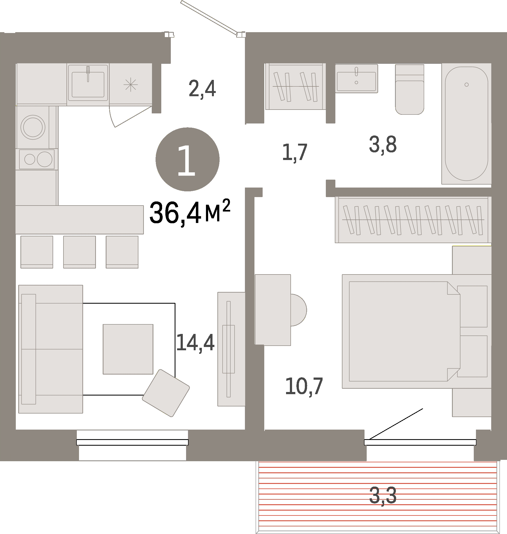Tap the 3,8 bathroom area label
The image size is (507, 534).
pyautogui.click(x=382, y=145)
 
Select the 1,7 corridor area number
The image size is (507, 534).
pyautogui.click(x=295, y=152)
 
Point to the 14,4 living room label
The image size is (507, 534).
pyautogui.click(x=195, y=343)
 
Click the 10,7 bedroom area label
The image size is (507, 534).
pyautogui.click(x=304, y=386)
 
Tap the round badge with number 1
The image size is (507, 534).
pyautogui.click(x=187, y=159)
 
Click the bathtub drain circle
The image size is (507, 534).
pyautogui.click(x=466, y=85)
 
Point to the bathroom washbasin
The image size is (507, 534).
pyautogui.click(x=356, y=79)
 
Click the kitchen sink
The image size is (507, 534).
pyautogui.click(x=88, y=84)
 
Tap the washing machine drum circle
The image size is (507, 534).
pyautogui.click(x=33, y=127)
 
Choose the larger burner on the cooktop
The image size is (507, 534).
pyautogui.click(x=44, y=159)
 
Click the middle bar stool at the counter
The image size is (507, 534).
pyautogui.click(x=79, y=252)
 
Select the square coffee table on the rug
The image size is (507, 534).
pyautogui.click(x=128, y=349)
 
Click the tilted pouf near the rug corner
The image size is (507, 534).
pyautogui.click(x=166, y=393)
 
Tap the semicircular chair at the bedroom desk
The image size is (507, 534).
pyautogui.click(x=298, y=310)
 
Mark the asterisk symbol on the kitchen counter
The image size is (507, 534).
pyautogui.click(x=130, y=85)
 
